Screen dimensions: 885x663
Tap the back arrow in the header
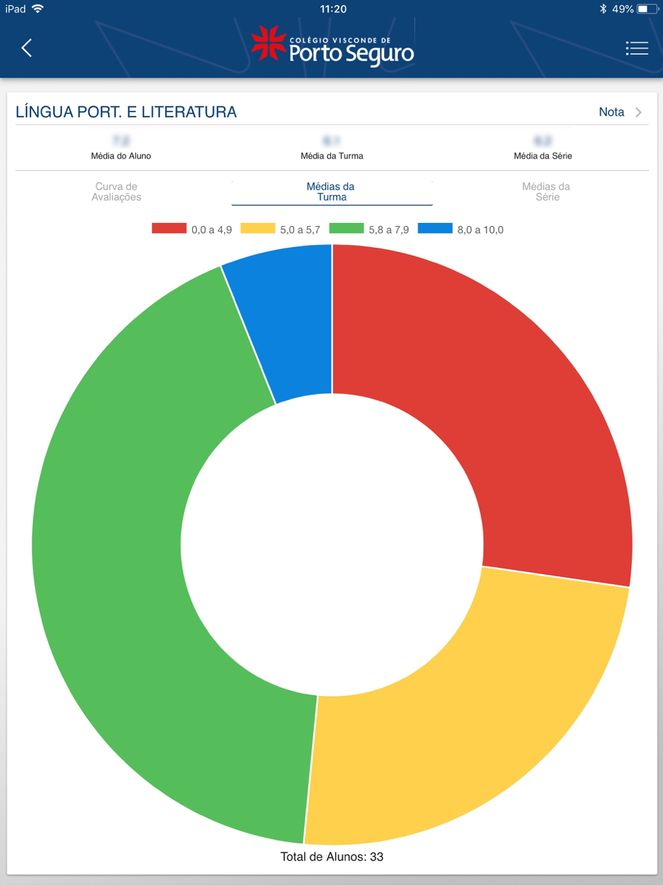(27, 48)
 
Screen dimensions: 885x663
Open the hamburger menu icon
(636, 48)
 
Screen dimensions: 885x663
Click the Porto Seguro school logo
(332, 46)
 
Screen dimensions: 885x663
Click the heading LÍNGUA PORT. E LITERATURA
(126, 112)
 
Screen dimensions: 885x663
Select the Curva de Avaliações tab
(117, 192)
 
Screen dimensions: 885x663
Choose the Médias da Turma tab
(331, 192)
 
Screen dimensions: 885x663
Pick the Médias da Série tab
(546, 192)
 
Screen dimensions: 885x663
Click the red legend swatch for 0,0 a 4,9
(169, 228)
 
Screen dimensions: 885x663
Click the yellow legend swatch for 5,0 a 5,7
(257, 228)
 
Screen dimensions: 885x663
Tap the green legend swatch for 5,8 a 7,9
(346, 228)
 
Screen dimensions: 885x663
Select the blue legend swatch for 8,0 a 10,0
(435, 228)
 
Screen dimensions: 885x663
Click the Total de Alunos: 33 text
(331, 856)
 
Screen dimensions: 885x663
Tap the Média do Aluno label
(121, 156)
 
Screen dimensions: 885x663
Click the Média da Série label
(542, 156)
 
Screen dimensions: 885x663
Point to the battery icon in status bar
(646, 9)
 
